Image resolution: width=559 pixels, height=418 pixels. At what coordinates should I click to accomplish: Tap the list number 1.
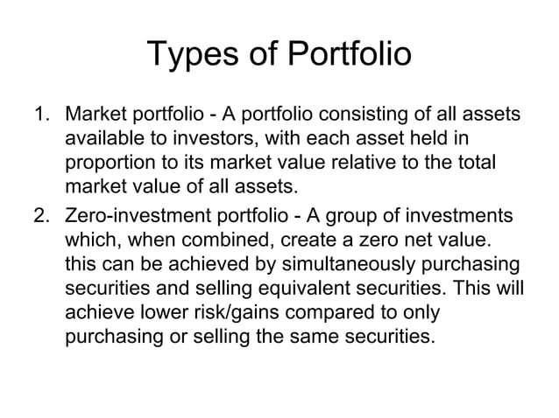pos(39,115)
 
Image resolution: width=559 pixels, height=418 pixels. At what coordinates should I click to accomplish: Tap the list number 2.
pos(39,216)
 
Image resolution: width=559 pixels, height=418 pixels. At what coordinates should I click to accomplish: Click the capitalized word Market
pos(96,115)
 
